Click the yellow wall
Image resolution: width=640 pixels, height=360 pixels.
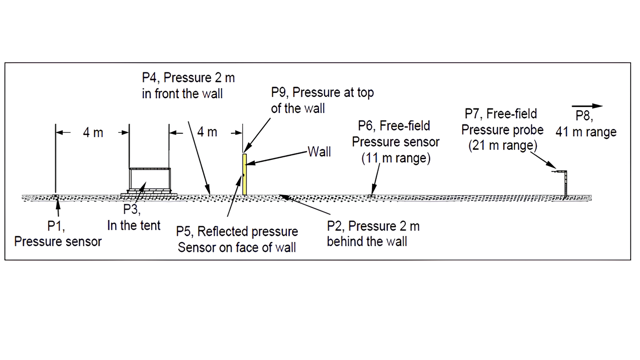click(244, 174)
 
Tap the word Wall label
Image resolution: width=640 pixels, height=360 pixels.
click(319, 152)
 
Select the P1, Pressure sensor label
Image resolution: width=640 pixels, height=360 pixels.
click(58, 234)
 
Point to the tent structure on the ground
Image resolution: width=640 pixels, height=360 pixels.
click(149, 182)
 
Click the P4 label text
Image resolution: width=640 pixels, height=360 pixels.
click(188, 86)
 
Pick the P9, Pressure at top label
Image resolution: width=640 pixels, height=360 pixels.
click(322, 100)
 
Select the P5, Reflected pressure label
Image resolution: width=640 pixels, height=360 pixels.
click(237, 239)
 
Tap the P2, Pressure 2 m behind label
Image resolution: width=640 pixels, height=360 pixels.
click(373, 234)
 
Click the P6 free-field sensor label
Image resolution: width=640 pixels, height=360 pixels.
click(396, 134)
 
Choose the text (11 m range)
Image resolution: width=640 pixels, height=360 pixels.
click(396, 158)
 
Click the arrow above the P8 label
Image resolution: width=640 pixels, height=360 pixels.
click(587, 106)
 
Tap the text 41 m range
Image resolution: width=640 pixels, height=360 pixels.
click(586, 132)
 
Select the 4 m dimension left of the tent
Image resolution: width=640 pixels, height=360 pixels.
click(93, 132)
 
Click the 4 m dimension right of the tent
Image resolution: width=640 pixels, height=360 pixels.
click(207, 132)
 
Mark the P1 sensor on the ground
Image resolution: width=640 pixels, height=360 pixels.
click(56, 197)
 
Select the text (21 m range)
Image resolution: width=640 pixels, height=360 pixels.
click(503, 146)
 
